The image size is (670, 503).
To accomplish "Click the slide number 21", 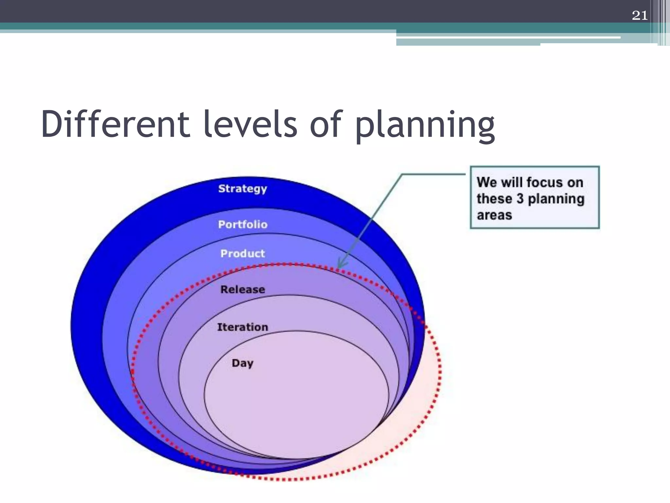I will (640, 15).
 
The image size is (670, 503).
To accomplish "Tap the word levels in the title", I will (250, 124).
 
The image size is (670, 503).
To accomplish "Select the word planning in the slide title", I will (425, 126).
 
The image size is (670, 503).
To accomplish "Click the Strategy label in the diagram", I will (242, 189).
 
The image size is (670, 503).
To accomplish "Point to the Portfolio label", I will (243, 225).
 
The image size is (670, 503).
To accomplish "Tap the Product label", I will (242, 253).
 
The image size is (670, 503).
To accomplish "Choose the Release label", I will (242, 289).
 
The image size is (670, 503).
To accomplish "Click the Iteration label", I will (242, 327).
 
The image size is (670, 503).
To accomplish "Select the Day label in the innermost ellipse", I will (242, 363).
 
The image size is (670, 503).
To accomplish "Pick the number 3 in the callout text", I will (520, 199).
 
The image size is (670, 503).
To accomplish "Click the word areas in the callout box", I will (494, 215).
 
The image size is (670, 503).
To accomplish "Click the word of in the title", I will (326, 124).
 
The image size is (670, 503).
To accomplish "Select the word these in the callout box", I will (494, 199).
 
